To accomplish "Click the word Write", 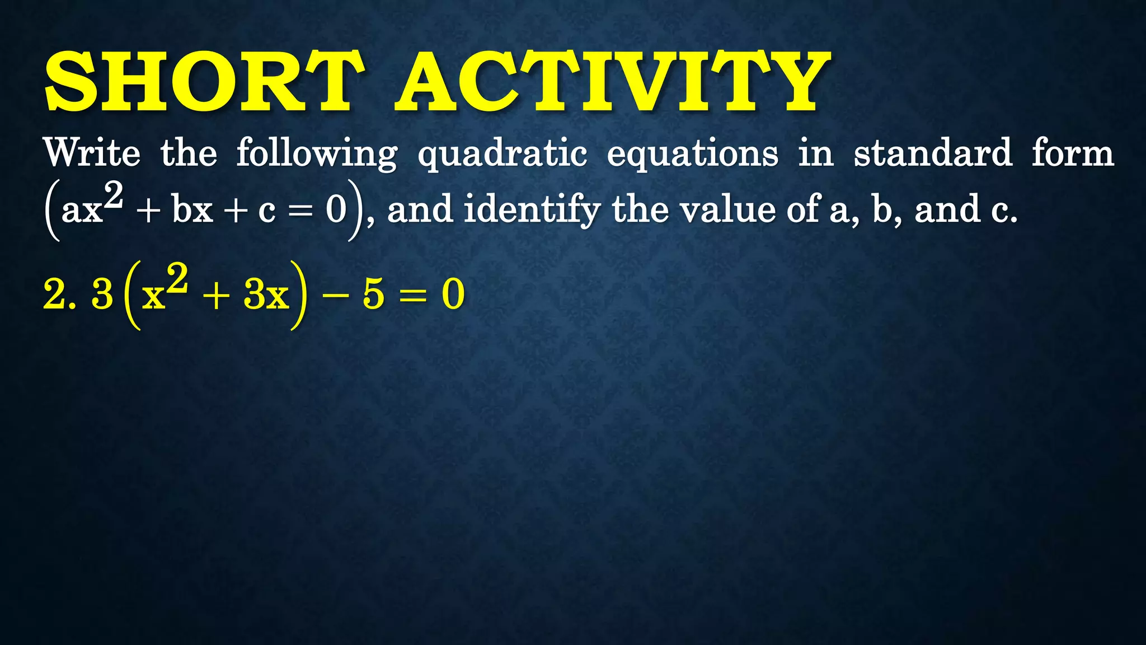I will (x=92, y=152).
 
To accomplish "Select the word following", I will (x=317, y=153).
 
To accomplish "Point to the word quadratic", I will (x=502, y=153).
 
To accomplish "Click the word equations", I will (x=693, y=153).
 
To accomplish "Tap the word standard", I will (x=933, y=152).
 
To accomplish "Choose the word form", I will (x=1073, y=152).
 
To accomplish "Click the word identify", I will (x=532, y=209).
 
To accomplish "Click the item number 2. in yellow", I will (x=59, y=295).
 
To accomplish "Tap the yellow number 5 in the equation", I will (x=373, y=295).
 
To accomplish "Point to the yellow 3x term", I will (x=266, y=295).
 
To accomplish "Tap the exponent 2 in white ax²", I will (x=114, y=195).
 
